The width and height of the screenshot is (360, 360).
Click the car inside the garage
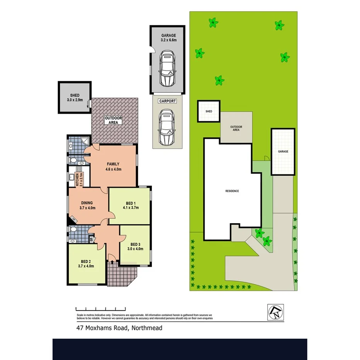[x=167, y=69]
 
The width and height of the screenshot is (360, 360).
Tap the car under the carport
[x=167, y=127]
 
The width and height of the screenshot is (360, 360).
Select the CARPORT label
[x=167, y=101]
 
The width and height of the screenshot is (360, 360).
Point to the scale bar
[x=100, y=309]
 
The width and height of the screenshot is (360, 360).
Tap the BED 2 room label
[x=86, y=263]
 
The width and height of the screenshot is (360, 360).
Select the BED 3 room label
[x=135, y=246]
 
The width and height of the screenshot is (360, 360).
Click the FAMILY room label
[x=113, y=166]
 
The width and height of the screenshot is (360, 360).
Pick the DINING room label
[x=87, y=205]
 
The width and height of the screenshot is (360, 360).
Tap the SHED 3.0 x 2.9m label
[x=74, y=98]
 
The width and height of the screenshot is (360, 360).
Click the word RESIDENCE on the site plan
[x=233, y=191]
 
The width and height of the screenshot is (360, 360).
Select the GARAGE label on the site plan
[x=283, y=152]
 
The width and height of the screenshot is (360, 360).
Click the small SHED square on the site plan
[x=209, y=111]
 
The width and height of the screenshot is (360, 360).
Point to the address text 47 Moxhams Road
[x=119, y=328]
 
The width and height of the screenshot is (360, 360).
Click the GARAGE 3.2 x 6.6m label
[x=168, y=37]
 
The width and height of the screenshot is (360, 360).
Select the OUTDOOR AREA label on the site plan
[x=236, y=128]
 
